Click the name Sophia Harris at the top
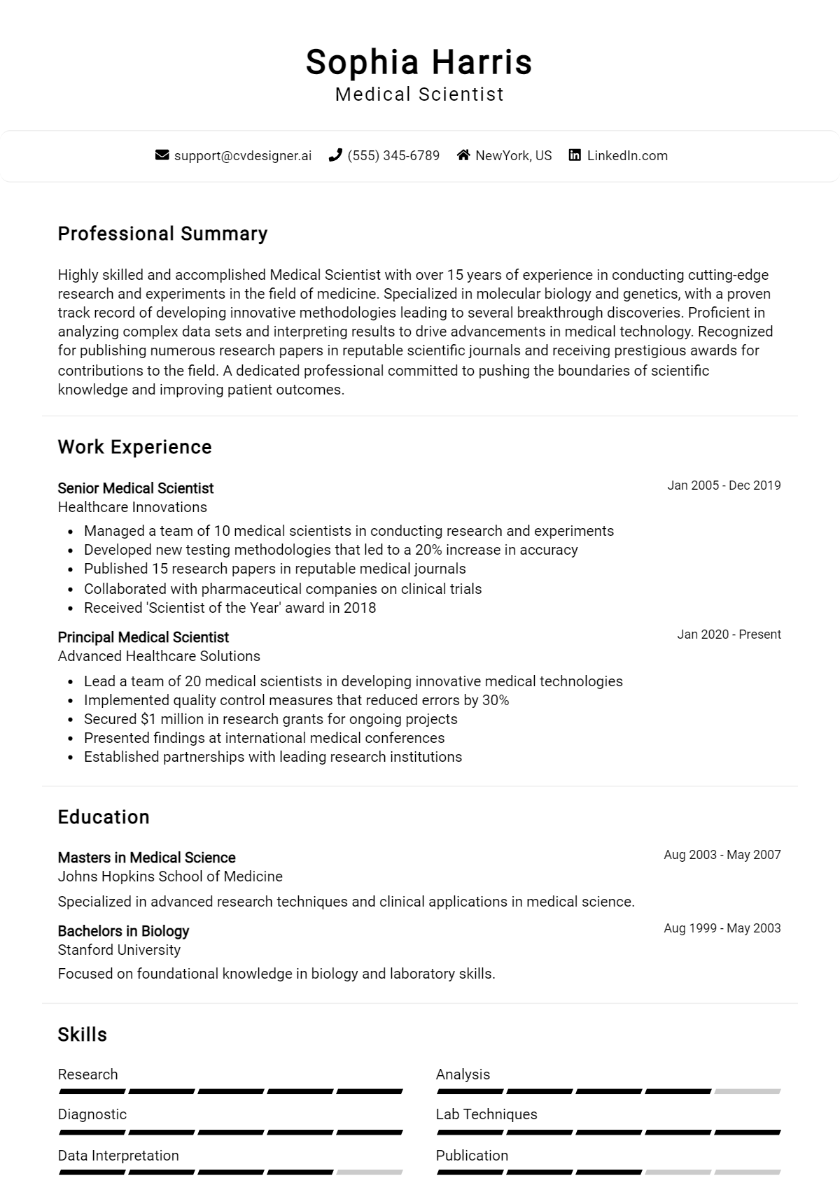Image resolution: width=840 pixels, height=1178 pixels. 419,62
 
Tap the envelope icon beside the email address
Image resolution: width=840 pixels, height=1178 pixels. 162,155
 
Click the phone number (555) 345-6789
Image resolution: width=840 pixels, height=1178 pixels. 393,155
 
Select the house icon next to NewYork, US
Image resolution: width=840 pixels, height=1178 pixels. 463,155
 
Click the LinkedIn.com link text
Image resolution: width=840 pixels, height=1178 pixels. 626,155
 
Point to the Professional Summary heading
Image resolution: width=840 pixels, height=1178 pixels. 162,234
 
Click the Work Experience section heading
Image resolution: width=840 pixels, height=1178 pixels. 134,447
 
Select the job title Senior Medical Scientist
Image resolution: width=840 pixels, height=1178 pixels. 135,488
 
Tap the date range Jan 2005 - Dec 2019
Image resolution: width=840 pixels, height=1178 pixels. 723,485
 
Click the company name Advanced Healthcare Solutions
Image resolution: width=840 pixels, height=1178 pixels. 159,656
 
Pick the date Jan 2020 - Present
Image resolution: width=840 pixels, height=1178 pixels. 728,634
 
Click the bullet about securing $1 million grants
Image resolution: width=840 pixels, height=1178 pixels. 270,719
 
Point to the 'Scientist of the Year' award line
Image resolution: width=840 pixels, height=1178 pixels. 230,608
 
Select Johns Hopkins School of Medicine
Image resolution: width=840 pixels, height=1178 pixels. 170,877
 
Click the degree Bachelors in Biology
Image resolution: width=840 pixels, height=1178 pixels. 123,931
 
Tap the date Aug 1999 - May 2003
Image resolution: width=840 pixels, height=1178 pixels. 722,928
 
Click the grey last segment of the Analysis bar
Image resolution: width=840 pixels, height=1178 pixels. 747,1091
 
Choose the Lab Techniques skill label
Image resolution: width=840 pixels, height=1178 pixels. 486,1114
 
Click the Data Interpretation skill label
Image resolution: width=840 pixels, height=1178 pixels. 118,1156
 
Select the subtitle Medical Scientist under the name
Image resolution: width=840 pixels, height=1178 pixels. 419,94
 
